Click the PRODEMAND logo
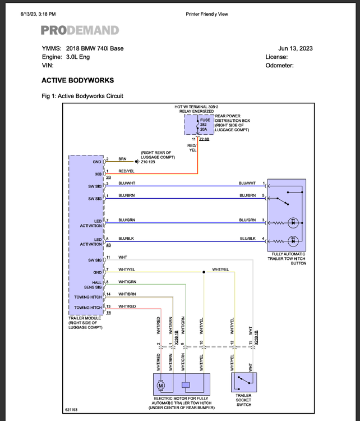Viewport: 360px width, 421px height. pyautogui.click(x=80, y=30)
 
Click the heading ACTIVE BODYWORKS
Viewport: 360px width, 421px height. pyautogui.click(x=77, y=80)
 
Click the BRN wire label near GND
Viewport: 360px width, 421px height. pyautogui.click(x=122, y=159)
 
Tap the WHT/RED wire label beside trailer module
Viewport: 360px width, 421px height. pyautogui.click(x=127, y=306)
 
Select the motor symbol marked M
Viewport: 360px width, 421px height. pyautogui.click(x=160, y=385)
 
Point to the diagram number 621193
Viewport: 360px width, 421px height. pyautogui.click(x=72, y=410)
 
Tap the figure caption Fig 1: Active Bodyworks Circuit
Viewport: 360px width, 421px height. pyautogui.click(x=82, y=96)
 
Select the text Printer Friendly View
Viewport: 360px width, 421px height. pyautogui.click(x=207, y=14)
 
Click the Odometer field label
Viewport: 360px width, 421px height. pyautogui.click(x=279, y=66)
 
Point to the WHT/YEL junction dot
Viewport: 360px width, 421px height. pyautogui.click(x=203, y=273)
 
